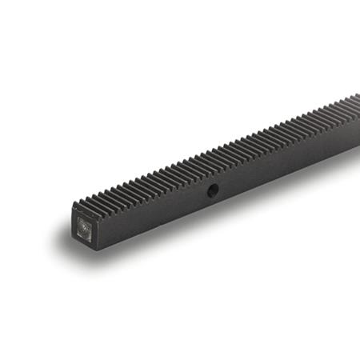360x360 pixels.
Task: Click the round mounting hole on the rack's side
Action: click(x=214, y=190)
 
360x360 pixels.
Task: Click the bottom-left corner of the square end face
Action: click(x=74, y=245)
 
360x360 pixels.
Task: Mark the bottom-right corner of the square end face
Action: click(x=97, y=247)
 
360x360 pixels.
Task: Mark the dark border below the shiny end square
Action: click(x=86, y=243)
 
